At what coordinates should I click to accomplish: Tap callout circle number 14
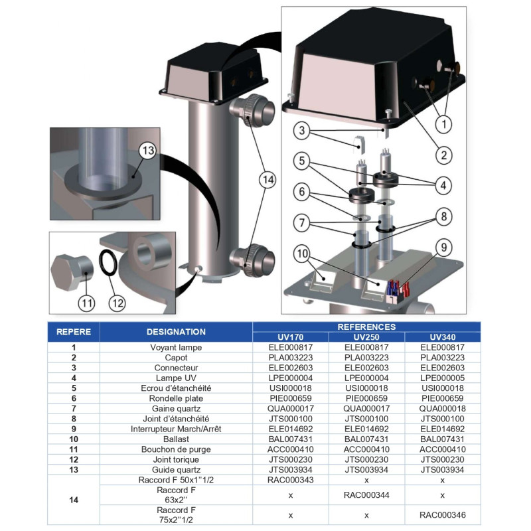click(267, 179)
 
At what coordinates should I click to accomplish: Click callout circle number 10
click(303, 254)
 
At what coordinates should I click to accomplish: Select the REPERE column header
click(74, 331)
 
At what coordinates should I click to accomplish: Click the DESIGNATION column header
click(176, 331)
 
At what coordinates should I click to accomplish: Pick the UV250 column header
click(367, 337)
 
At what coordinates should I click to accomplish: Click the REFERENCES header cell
click(367, 327)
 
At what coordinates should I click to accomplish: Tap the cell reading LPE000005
click(442, 378)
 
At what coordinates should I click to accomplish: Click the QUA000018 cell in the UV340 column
click(442, 408)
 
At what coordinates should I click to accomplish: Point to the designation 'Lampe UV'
click(176, 378)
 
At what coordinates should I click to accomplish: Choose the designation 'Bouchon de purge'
click(176, 449)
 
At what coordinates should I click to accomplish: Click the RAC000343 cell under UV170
click(291, 479)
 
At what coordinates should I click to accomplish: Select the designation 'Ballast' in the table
click(176, 439)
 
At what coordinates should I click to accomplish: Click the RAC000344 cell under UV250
click(367, 494)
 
